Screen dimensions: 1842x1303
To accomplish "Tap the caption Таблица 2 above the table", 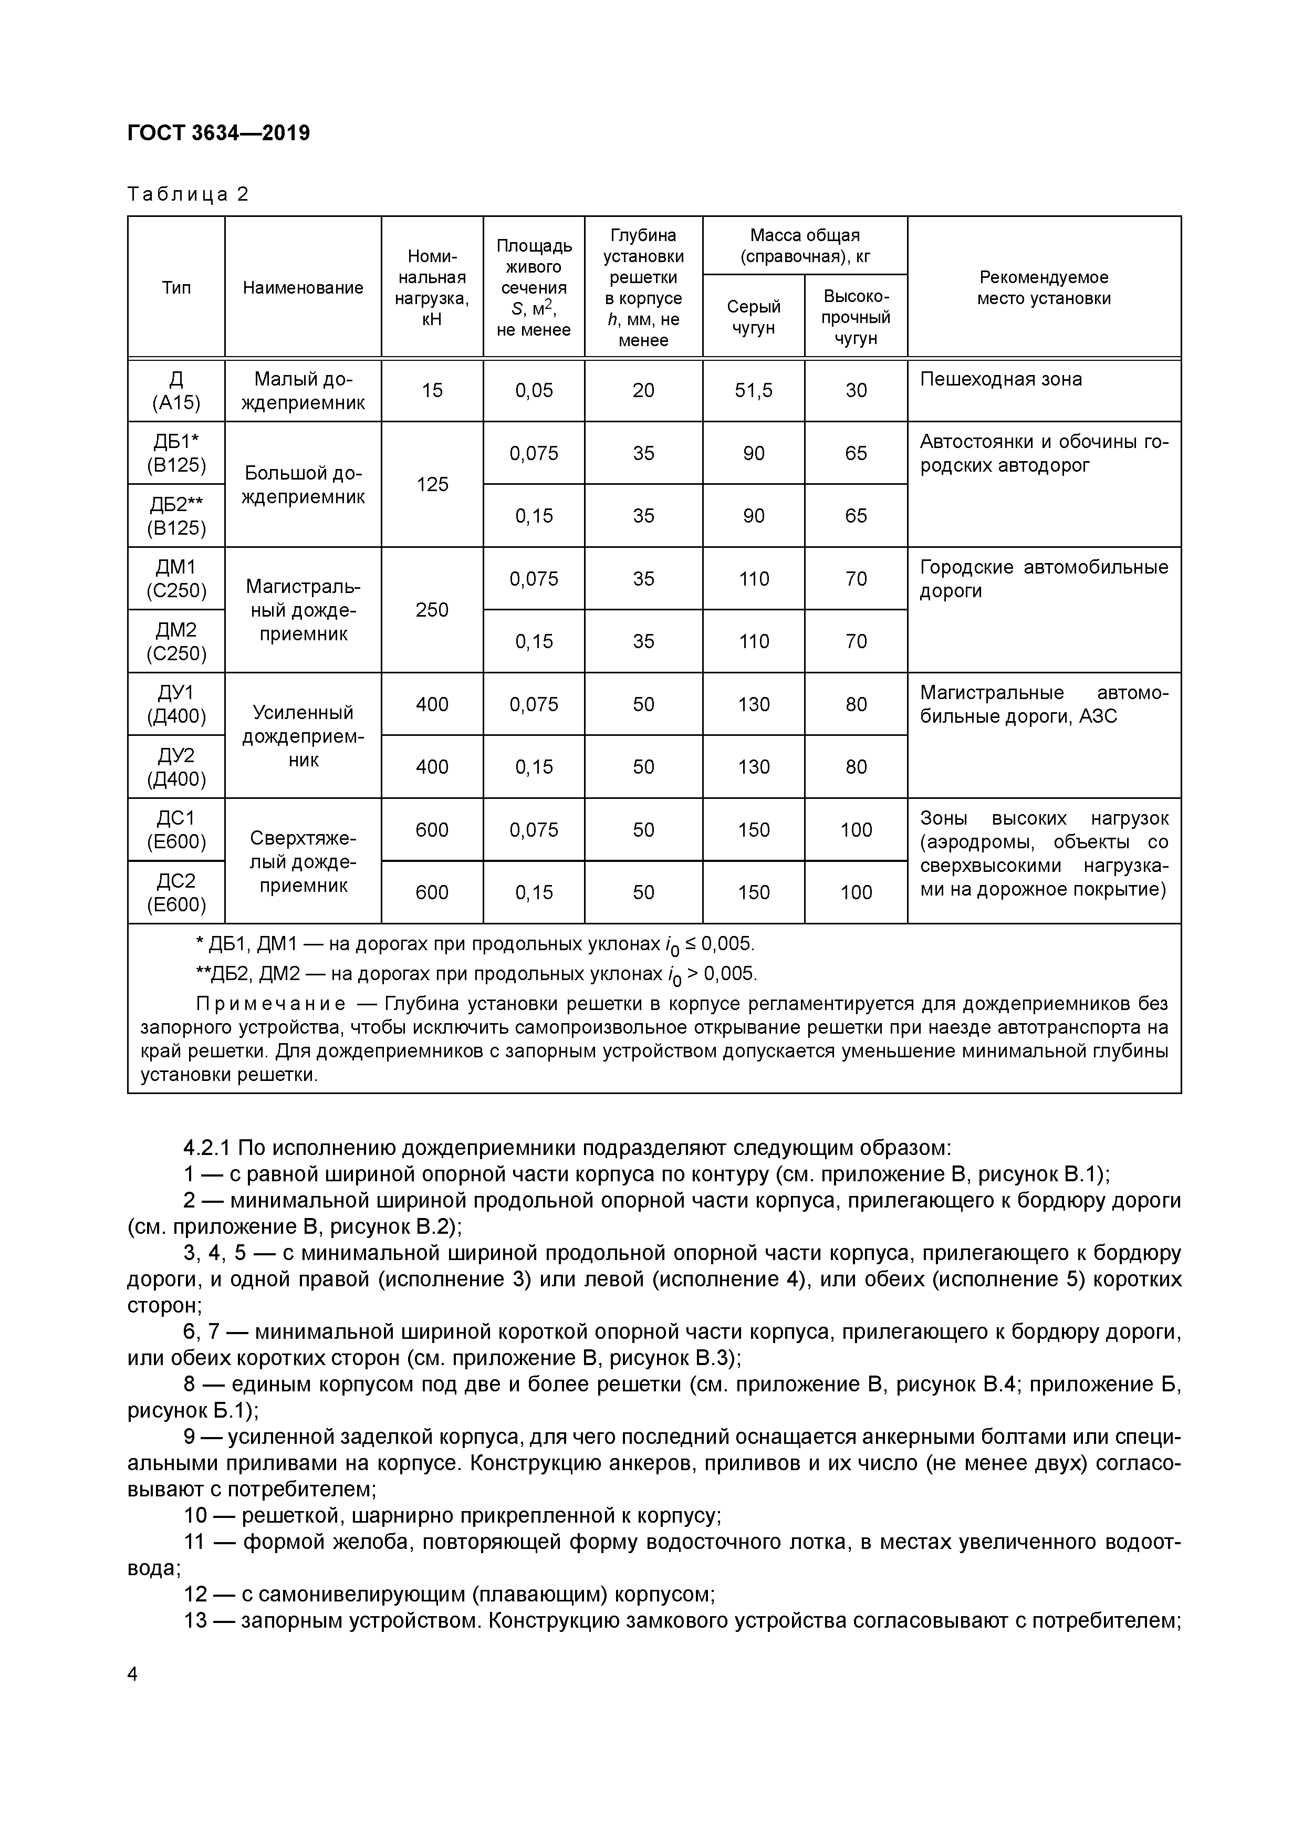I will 187,194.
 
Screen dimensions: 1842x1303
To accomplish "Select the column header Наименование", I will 303,288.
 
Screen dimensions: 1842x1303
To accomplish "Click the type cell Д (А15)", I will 176,391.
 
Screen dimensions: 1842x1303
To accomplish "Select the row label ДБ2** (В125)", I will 176,516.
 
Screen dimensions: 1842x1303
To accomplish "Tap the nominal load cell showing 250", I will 432,610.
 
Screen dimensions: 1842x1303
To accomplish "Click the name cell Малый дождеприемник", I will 303,391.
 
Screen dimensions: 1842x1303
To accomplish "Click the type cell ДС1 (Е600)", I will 176,829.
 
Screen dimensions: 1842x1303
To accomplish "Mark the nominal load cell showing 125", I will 432,485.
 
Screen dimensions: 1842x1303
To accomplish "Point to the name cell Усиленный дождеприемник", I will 303,736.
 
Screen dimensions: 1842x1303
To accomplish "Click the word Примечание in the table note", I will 271,1004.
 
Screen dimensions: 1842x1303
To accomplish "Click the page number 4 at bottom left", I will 133,1674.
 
